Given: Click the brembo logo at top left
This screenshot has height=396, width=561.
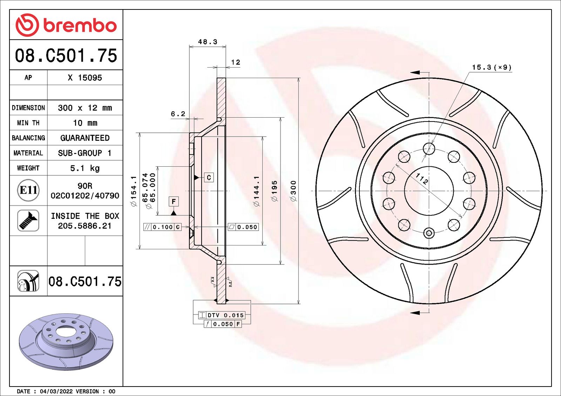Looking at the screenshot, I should point(66,25).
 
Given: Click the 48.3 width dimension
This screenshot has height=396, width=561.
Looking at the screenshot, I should point(208,42).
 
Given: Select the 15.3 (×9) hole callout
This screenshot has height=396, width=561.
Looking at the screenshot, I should point(492,67).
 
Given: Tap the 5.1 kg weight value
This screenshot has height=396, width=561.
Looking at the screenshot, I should point(85,168).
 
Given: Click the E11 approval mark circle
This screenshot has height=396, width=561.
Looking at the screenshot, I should point(28,190).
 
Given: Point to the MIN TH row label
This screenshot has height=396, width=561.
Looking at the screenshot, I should point(28,123).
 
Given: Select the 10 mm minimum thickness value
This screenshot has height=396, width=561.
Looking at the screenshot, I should point(85,123).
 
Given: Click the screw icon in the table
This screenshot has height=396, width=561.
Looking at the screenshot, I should point(28,221).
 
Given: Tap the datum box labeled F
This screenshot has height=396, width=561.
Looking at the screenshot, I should point(174,202).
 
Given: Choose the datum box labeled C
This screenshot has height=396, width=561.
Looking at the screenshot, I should point(209,178).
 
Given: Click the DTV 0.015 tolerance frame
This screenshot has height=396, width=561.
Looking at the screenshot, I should point(222,315).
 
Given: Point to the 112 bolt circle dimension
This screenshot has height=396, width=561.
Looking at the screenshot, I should point(422,179).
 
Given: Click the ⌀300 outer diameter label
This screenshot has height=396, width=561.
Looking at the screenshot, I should point(293,191).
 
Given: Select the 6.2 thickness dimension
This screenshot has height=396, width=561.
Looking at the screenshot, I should point(178,114).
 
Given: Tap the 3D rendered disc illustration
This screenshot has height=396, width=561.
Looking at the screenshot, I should point(66,341).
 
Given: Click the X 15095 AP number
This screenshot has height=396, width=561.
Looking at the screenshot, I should point(85,78).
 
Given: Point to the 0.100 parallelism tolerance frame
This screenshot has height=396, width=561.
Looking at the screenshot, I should point(162,227).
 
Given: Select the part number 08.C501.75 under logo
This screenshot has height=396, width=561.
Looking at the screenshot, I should point(66,56).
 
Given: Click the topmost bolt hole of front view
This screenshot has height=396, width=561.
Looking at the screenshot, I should point(429,148).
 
